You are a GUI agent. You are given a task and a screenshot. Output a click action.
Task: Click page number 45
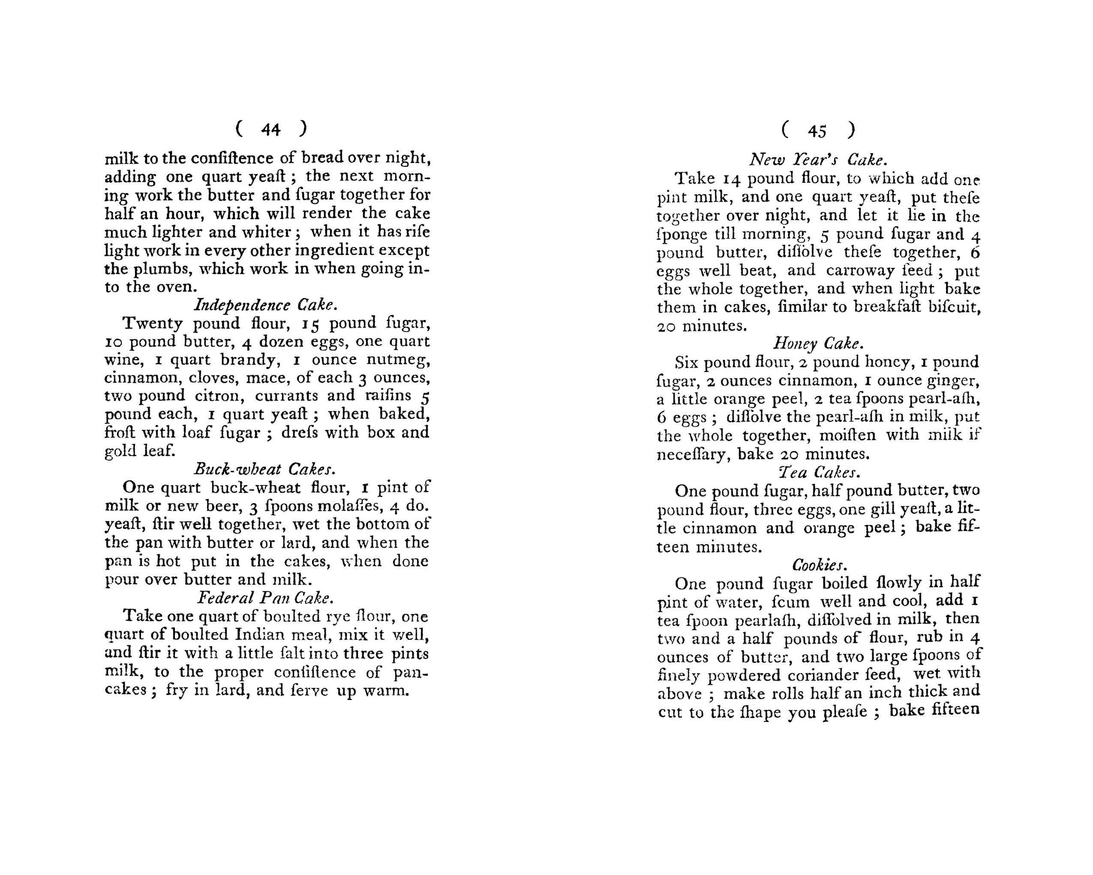coord(818,131)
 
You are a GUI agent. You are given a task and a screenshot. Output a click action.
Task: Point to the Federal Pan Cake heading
coord(266,597)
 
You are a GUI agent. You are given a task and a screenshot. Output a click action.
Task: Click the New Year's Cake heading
coord(817,160)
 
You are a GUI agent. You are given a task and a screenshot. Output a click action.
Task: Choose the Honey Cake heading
coord(818,343)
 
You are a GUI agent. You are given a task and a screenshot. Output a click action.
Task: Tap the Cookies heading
coord(818,564)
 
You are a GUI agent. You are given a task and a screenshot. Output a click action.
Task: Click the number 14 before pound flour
coord(732,179)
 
